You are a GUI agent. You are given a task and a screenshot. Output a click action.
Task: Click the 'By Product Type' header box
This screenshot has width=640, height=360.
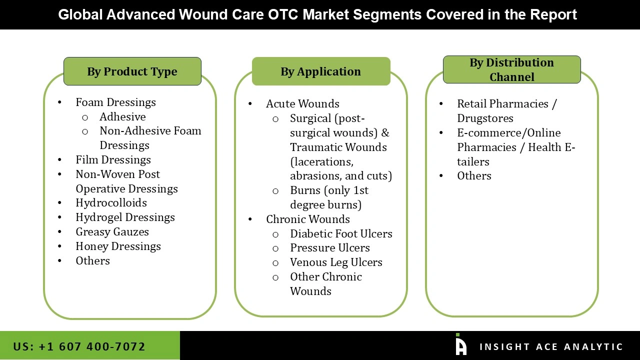pyautogui.click(x=132, y=71)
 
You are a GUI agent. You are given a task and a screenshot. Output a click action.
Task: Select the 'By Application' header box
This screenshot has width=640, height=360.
pyautogui.click(x=320, y=71)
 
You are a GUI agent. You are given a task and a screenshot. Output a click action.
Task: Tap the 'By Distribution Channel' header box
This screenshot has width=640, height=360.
pyautogui.click(x=511, y=69)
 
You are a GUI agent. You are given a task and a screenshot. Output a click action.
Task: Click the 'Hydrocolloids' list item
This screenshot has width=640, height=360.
pyautogui.click(x=111, y=203)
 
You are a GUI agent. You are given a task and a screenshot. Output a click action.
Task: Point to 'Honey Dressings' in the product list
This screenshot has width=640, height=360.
pyautogui.click(x=118, y=246)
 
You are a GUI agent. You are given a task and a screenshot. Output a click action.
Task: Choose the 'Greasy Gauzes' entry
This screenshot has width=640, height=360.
pyautogui.click(x=112, y=232)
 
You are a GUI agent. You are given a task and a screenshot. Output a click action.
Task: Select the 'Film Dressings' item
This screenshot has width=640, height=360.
pyautogui.click(x=113, y=160)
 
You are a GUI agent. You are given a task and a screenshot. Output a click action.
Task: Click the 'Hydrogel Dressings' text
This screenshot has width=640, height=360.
pyautogui.click(x=125, y=217)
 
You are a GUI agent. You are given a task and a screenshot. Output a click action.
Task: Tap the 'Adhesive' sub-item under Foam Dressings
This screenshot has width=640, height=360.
pyautogui.click(x=122, y=117)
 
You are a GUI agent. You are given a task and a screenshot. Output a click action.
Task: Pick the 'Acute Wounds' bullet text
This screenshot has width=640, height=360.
pyautogui.click(x=302, y=104)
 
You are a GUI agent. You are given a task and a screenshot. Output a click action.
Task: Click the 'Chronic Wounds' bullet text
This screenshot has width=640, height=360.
pyautogui.click(x=307, y=219)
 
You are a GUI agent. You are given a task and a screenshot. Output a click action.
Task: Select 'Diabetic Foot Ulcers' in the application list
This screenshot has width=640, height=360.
pyautogui.click(x=341, y=234)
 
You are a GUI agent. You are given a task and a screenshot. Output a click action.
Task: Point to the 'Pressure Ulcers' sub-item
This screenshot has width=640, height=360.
pyautogui.click(x=329, y=248)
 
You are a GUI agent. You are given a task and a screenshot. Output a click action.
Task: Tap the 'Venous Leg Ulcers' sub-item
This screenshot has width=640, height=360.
pyautogui.click(x=336, y=262)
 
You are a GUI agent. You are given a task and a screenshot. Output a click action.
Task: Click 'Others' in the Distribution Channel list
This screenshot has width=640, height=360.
pyautogui.click(x=474, y=176)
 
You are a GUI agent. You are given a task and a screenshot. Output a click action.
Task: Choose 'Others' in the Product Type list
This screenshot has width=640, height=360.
pyautogui.click(x=92, y=261)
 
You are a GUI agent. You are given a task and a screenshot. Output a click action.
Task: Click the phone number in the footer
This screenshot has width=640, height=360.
pyautogui.click(x=79, y=346)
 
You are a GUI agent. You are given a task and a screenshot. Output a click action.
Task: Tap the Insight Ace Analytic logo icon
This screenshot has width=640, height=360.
pyautogui.click(x=460, y=345)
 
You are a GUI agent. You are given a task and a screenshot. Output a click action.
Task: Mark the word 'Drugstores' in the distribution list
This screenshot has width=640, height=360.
pyautogui.click(x=485, y=118)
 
